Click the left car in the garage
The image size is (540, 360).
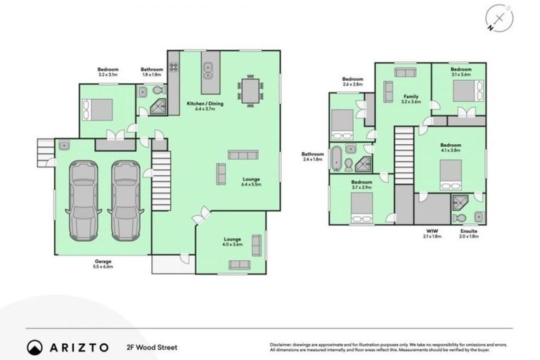click(x=82, y=200)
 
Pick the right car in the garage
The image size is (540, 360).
click(x=124, y=200)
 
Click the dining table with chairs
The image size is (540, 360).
click(x=250, y=89)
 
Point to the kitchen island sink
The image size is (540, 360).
click(x=209, y=70)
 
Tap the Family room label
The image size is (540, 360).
click(x=410, y=98)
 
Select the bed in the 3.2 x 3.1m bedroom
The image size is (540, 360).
click(x=98, y=110)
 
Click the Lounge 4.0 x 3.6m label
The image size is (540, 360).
click(x=233, y=241)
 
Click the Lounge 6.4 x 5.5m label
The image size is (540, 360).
click(x=251, y=181)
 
